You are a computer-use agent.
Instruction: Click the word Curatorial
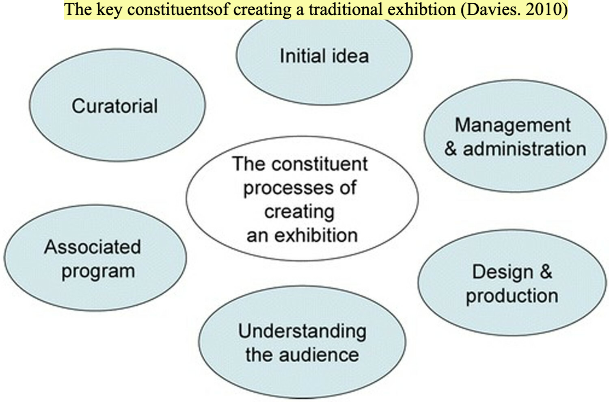click(x=114, y=106)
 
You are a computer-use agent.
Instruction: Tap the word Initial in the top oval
click(x=298, y=56)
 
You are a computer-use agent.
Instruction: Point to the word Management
click(x=512, y=125)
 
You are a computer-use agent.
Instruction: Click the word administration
click(x=525, y=149)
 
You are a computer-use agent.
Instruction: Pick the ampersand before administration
click(x=450, y=149)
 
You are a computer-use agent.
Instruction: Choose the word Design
click(x=502, y=272)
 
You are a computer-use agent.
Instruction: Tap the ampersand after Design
click(x=546, y=272)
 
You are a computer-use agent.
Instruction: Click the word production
click(x=512, y=296)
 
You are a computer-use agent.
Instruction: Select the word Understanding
click(x=302, y=331)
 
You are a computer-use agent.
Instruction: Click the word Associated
click(x=93, y=247)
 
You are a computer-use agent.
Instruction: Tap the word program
click(x=98, y=272)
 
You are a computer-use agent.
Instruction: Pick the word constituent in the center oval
click(x=320, y=164)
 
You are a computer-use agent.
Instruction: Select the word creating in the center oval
click(x=299, y=212)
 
